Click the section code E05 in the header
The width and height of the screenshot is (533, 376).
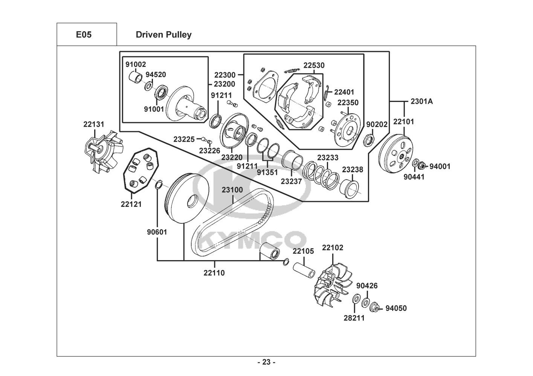tap(84, 35)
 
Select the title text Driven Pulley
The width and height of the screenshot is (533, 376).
tap(163, 35)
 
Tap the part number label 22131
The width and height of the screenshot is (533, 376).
tap(94, 124)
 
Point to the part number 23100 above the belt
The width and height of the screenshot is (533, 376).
tap(232, 190)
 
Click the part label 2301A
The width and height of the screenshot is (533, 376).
tap(422, 102)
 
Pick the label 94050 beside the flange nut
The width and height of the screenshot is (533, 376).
tap(396, 308)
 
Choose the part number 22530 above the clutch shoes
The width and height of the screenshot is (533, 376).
tap(314, 65)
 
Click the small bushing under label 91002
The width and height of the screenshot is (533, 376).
tap(136, 77)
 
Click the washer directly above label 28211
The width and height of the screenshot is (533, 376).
tap(356, 299)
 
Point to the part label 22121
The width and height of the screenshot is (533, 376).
tap(131, 204)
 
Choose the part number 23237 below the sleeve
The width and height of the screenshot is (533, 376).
tap(291, 181)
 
